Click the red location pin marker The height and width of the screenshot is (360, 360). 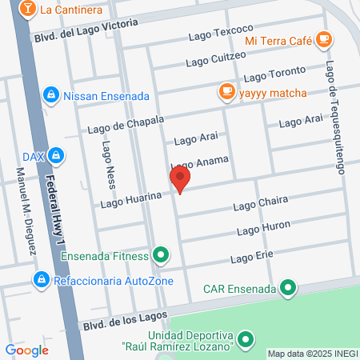[181, 179]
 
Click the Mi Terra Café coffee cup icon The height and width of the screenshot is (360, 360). [323, 38]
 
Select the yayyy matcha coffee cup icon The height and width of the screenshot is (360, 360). [226, 91]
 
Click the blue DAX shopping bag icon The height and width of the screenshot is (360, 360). [55, 154]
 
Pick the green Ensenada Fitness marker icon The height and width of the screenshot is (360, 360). [162, 256]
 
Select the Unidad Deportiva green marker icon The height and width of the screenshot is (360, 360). [246, 339]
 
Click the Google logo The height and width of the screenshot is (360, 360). [26, 350]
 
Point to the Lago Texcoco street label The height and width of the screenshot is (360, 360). [221, 36]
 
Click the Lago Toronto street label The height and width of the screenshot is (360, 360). [274, 76]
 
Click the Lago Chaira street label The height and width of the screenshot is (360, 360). [260, 206]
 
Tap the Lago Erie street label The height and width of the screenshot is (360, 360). [253, 258]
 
